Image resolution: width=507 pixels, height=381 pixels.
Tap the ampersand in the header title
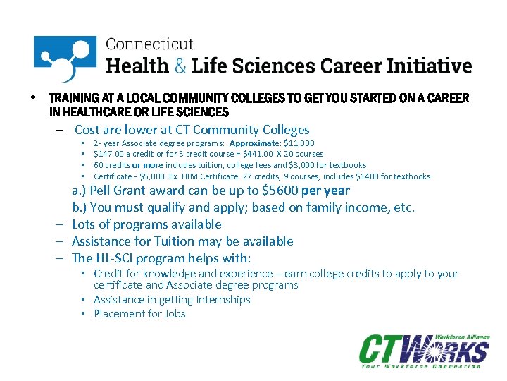(x=181, y=66)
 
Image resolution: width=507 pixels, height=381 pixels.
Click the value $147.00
(x=108, y=154)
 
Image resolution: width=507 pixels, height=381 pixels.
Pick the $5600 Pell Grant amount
(x=280, y=190)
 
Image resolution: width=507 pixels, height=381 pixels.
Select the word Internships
(x=215, y=300)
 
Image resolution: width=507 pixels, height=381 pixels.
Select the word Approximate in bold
(x=264, y=143)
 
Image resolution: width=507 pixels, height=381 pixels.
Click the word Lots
(x=85, y=224)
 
